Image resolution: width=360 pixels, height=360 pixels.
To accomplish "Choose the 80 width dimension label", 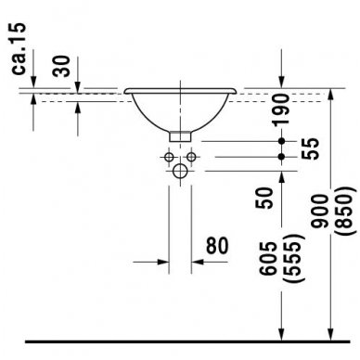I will (215, 247).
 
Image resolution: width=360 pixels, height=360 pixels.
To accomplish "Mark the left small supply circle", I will (171, 158).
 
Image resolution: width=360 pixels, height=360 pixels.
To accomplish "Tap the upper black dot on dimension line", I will (282, 141).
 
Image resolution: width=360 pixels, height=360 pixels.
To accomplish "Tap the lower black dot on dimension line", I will (282, 157).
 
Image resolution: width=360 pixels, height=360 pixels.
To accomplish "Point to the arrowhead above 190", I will (282, 84).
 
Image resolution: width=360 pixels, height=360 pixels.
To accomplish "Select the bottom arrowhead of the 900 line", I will (328, 332).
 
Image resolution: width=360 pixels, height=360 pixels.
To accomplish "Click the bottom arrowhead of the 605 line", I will (282, 332).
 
